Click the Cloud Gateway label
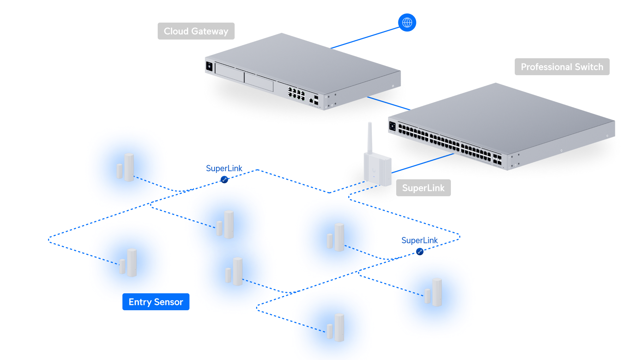(196, 31)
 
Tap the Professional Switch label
(562, 67)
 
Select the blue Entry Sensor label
(156, 302)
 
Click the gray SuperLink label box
(423, 188)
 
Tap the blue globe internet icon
(407, 23)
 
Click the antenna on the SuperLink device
(370, 138)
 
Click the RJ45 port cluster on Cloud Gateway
(296, 94)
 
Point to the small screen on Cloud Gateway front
(209, 66)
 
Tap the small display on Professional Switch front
(392, 126)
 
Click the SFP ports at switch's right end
(497, 159)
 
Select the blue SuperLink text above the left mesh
(224, 168)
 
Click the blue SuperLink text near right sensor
(419, 240)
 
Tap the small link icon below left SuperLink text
(224, 179)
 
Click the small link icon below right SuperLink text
(419, 251)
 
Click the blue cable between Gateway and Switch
(388, 103)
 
